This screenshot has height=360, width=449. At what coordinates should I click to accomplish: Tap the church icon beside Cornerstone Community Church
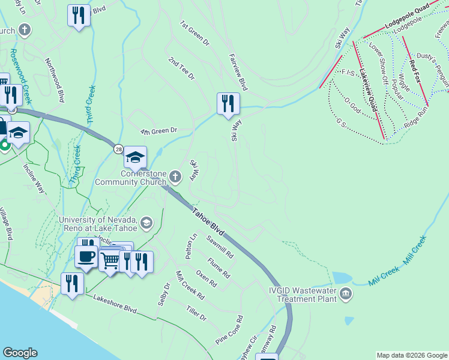pyautogui.click(x=175, y=176)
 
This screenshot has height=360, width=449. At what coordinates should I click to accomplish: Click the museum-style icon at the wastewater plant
pyautogui.click(x=346, y=293)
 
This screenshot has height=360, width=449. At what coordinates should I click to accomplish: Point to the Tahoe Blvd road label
pyautogui.click(x=208, y=221)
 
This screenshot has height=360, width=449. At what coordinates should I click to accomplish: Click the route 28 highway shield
pyautogui.click(x=117, y=148)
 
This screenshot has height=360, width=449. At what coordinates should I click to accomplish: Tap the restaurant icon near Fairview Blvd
pyautogui.click(x=228, y=103)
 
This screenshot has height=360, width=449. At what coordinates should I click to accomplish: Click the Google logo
pyautogui.click(x=19, y=353)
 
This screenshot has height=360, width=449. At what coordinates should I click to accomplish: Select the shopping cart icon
pyautogui.click(x=110, y=260)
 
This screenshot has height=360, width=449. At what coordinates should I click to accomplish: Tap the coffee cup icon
pyautogui.click(x=86, y=257)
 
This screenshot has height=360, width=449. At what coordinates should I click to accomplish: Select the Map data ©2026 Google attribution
pyautogui.click(x=412, y=355)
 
